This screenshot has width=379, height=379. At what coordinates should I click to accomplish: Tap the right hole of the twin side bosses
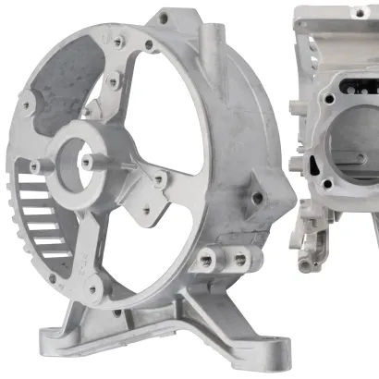[x=226, y=253]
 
